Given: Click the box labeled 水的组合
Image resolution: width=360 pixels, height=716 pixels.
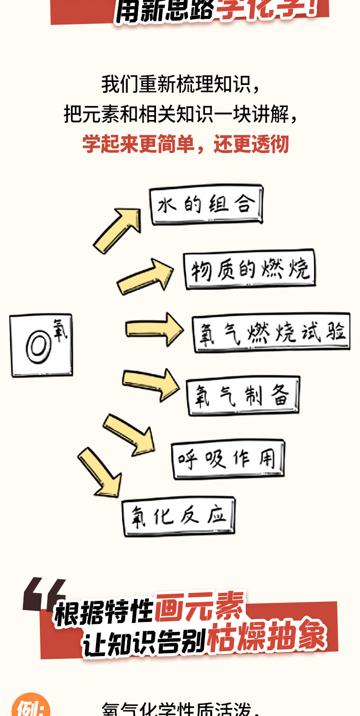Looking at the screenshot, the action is click(206, 205).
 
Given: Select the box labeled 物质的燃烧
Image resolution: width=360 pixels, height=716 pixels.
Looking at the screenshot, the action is click(250, 269).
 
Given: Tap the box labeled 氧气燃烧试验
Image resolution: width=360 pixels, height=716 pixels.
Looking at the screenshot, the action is click(272, 333).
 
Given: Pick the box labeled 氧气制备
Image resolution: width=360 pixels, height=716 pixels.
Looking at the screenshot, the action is click(243, 395).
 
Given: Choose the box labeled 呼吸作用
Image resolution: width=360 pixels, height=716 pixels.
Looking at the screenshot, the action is click(228, 459).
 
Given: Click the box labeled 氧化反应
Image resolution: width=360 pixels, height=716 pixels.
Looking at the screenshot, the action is click(179, 517).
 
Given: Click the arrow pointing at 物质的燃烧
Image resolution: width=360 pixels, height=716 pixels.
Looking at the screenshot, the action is click(144, 277).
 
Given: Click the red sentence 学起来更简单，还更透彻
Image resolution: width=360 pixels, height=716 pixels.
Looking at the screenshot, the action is click(185, 144).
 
